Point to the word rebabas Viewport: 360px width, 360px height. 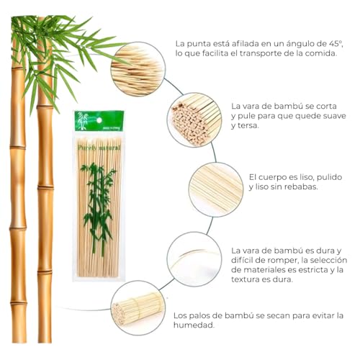click(300, 186)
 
